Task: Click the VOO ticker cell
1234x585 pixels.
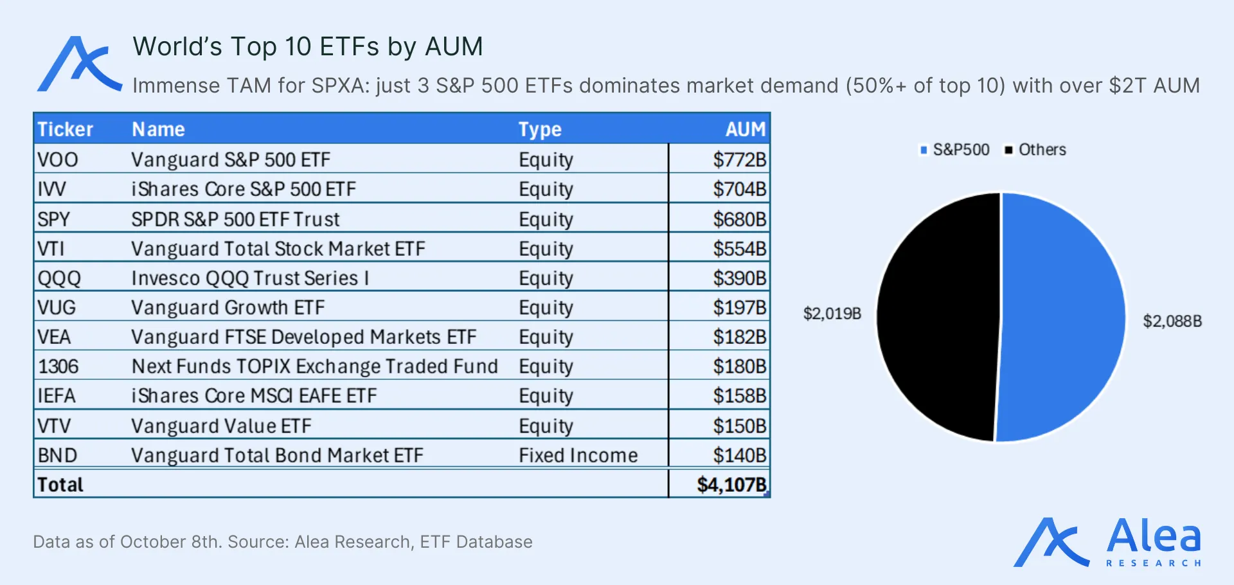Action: [x=58, y=159]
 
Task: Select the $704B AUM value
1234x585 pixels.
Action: [x=739, y=189]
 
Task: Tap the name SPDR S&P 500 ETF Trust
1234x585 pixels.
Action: [x=235, y=219]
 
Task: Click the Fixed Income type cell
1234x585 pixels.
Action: [x=578, y=455]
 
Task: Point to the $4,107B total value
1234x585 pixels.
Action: [x=731, y=485]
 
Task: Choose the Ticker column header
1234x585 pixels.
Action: [x=65, y=129]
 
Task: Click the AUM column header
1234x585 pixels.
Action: [x=746, y=129]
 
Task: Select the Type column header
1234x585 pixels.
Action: [x=540, y=130]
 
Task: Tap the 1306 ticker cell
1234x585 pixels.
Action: [x=58, y=366]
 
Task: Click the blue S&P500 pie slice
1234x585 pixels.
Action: [x=1060, y=317]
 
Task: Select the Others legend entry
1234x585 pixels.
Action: [x=1035, y=150]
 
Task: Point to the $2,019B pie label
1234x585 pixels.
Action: [x=832, y=314]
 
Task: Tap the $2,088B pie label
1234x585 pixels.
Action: [x=1172, y=321]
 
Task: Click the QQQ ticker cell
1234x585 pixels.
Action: [x=59, y=278]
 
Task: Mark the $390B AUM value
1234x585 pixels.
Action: [x=739, y=278]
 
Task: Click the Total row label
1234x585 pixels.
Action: [x=60, y=485]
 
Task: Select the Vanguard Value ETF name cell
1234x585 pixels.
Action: [x=221, y=426]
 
